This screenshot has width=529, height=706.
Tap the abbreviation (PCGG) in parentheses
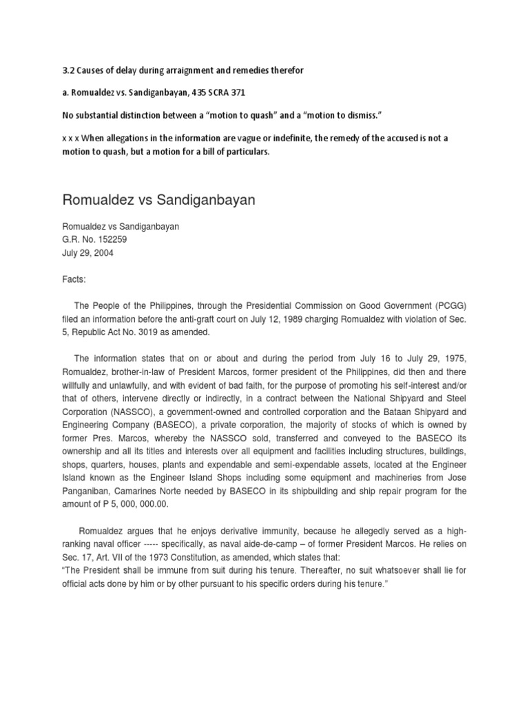441,306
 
